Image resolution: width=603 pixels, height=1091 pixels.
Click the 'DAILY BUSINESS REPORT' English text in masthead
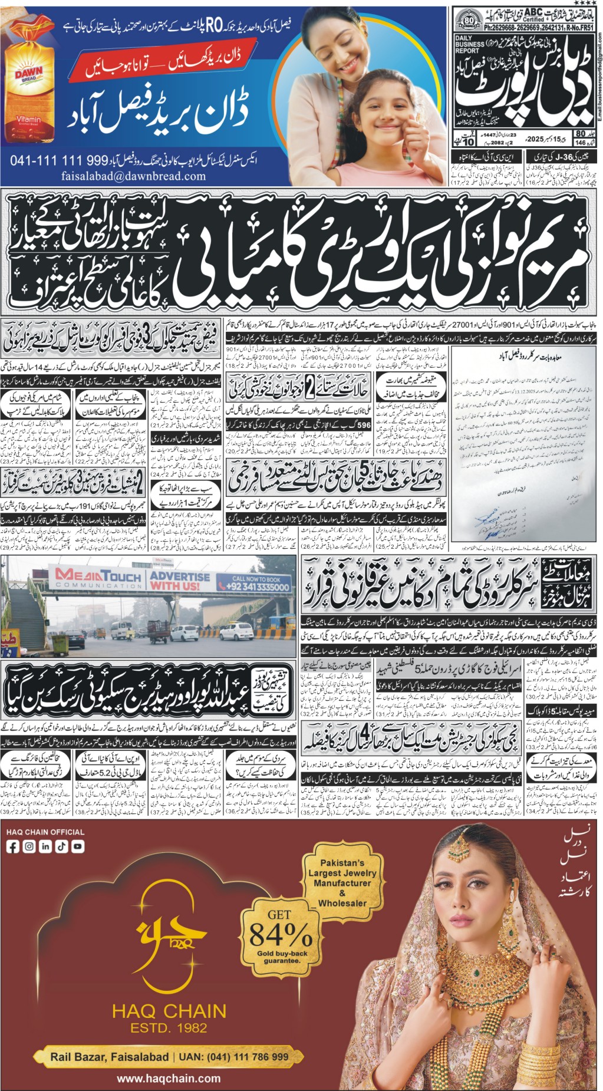click(x=469, y=45)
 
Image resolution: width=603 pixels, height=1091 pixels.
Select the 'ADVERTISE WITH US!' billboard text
click(x=180, y=581)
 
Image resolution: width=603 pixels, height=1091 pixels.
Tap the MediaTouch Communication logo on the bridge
click(x=98, y=578)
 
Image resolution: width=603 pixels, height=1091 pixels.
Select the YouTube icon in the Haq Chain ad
click(x=77, y=846)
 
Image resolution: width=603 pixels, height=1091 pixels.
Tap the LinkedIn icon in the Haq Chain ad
click(x=45, y=846)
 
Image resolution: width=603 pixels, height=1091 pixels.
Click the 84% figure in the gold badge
click(x=280, y=934)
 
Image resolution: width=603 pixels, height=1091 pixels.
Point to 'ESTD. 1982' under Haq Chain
click(x=169, y=1028)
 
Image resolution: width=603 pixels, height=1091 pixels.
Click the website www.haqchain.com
click(x=169, y=1079)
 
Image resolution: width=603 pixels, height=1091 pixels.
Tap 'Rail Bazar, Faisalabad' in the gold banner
click(x=109, y=1057)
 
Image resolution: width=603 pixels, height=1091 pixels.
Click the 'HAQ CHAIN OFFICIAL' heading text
click(x=45, y=832)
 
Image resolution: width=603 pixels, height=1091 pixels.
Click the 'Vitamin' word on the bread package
click(x=28, y=119)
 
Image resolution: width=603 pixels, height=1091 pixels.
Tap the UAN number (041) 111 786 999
click(x=248, y=1057)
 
